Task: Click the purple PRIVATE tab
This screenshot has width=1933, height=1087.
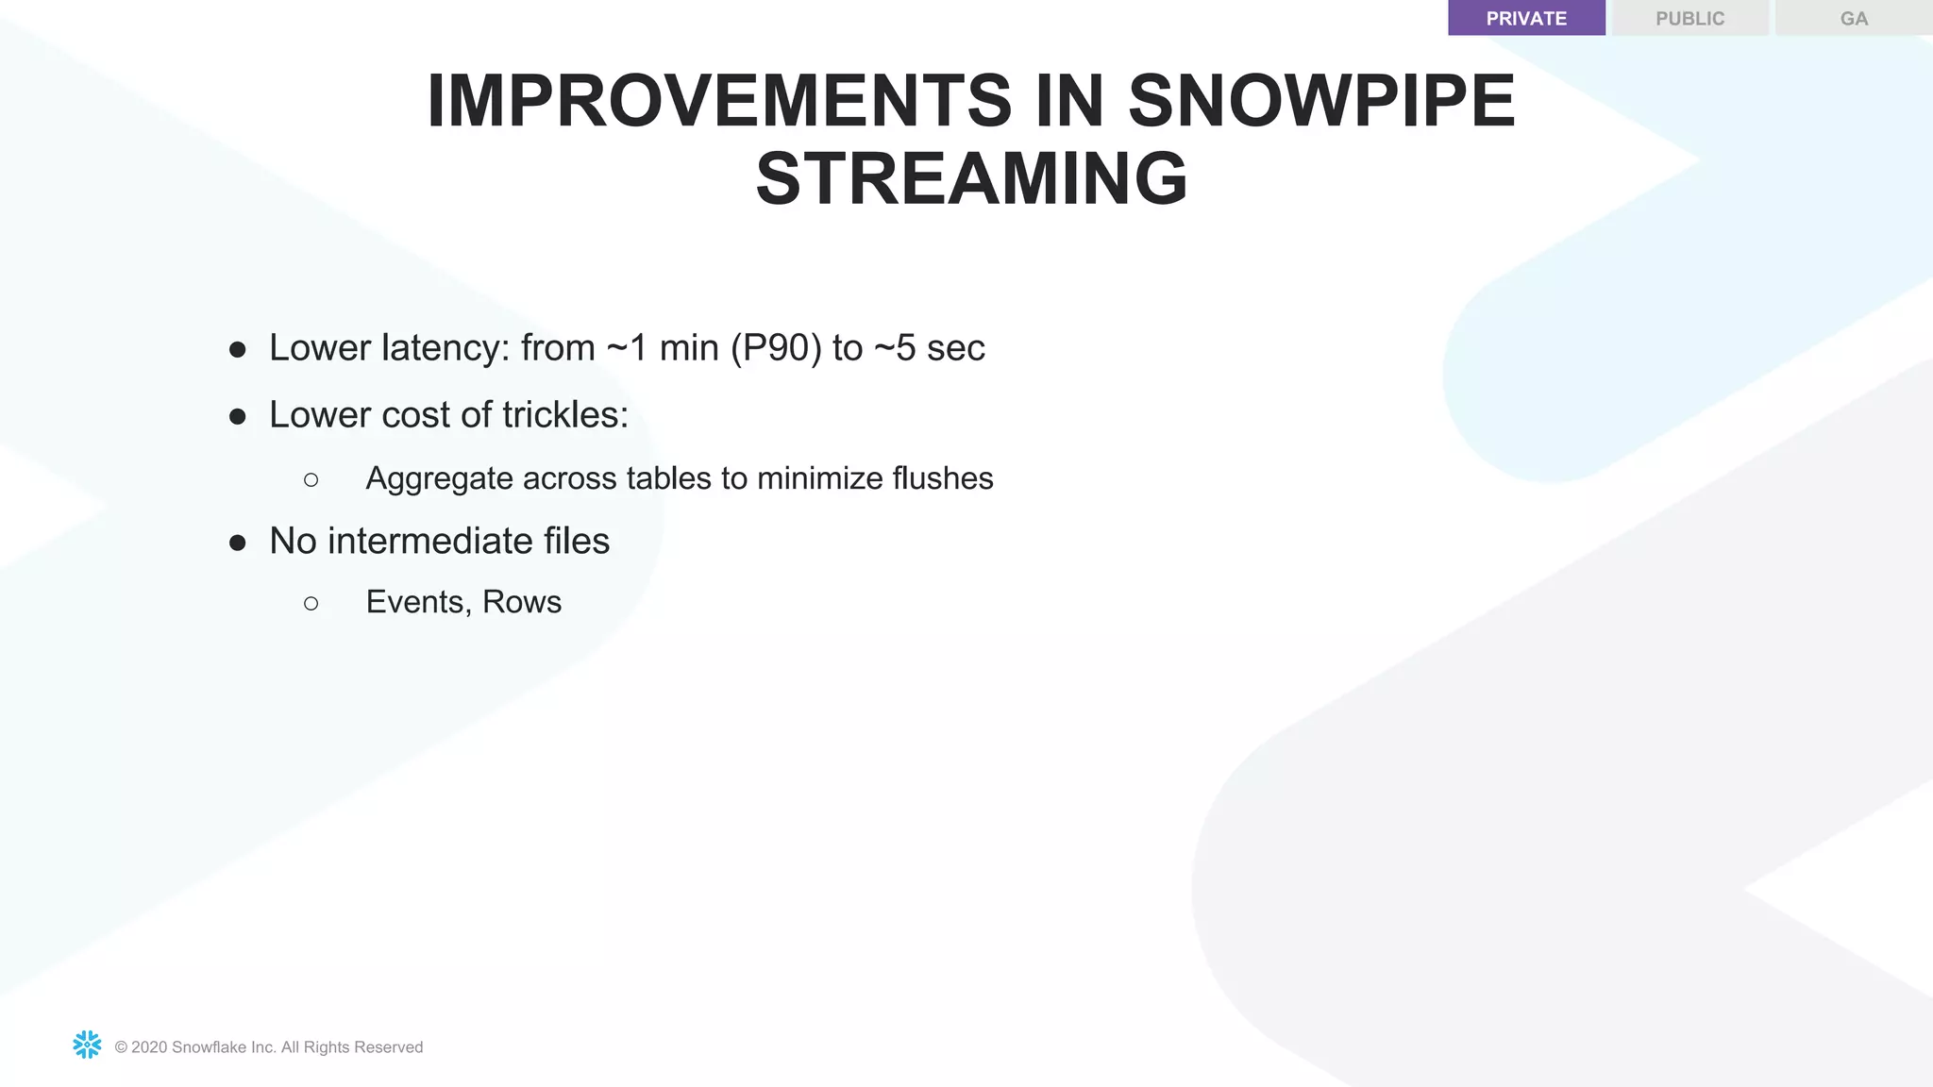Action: (1526, 18)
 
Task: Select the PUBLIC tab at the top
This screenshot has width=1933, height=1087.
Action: (1689, 18)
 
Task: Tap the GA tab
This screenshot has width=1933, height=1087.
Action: (1854, 18)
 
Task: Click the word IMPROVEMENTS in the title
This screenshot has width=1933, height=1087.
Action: (719, 101)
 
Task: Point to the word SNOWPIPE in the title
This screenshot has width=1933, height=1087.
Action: (1321, 101)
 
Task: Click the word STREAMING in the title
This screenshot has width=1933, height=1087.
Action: (971, 179)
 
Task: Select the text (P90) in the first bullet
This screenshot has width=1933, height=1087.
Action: (776, 348)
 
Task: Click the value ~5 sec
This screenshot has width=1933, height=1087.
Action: (929, 348)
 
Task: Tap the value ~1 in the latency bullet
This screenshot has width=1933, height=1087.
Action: (628, 348)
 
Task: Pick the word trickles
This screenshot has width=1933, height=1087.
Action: (564, 415)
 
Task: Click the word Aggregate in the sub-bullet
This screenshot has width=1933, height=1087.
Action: (439, 479)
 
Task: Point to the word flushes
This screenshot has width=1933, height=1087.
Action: (942, 478)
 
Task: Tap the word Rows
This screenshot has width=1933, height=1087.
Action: (522, 602)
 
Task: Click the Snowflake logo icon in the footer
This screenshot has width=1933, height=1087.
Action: (87, 1045)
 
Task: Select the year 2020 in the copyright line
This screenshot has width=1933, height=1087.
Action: (149, 1047)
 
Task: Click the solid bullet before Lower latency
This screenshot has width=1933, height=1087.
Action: (238, 350)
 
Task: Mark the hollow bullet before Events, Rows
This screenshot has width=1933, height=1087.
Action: (311, 603)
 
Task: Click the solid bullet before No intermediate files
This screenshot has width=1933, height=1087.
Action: (238, 543)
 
